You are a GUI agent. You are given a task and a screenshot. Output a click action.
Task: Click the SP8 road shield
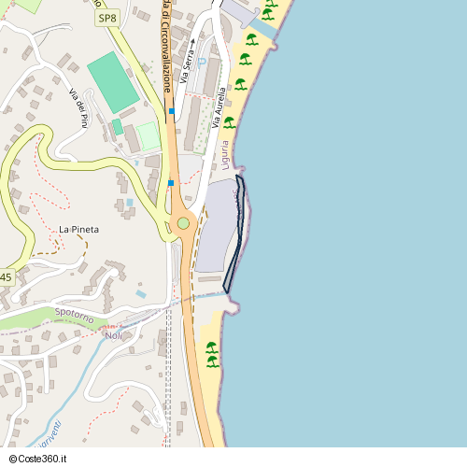pos(108,18)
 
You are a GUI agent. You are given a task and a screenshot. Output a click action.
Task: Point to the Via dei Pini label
pos(78,106)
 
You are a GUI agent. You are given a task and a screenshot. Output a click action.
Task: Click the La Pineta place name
pos(78,229)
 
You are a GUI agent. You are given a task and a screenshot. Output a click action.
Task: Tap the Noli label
pos(114,335)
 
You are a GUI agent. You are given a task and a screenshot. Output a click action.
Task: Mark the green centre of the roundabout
pos(183,223)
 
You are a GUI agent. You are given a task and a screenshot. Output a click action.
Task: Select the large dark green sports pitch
pos(114,83)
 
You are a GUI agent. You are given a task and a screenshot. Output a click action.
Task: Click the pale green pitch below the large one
pos(148,136)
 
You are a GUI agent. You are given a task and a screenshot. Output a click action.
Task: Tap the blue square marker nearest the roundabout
pos(171,183)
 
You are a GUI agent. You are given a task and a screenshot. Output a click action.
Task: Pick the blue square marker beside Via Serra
pos(172,111)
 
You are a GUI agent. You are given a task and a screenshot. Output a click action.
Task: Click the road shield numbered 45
pos(6,277)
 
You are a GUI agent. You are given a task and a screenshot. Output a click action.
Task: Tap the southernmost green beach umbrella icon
pos(211,361)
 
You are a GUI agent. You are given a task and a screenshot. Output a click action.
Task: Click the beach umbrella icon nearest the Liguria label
pos(230,121)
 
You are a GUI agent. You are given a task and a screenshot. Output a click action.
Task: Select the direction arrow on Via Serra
pos(191,42)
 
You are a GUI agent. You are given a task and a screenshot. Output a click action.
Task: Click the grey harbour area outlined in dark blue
pos(217,229)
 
